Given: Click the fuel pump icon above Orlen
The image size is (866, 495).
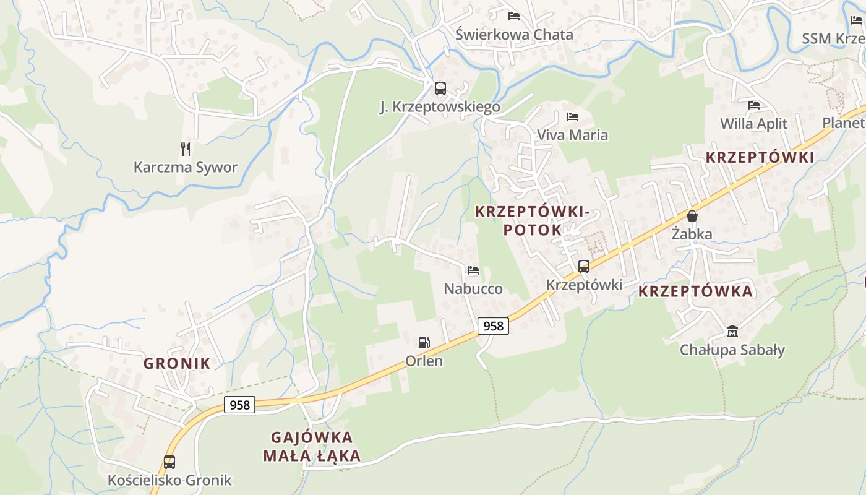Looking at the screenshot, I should [x=424, y=342].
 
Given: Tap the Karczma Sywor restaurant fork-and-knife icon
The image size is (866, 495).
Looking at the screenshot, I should [x=185, y=148].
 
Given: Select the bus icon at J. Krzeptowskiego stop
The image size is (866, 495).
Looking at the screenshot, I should [x=440, y=88].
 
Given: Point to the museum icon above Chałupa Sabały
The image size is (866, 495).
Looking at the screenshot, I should [x=732, y=332].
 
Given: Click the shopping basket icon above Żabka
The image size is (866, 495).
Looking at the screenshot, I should [x=692, y=216].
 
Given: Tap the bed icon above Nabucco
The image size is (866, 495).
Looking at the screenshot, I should [x=473, y=270].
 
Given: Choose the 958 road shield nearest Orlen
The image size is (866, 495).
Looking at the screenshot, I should [x=493, y=325].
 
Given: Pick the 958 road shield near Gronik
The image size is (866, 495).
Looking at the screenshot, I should [x=239, y=405].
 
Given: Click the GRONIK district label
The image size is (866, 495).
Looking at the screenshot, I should [x=177, y=363].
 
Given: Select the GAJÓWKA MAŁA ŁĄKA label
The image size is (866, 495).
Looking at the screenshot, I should [x=312, y=447].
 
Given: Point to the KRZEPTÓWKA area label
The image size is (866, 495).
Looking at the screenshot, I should [x=695, y=291].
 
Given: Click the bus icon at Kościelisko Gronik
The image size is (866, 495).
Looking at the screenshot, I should [x=169, y=462].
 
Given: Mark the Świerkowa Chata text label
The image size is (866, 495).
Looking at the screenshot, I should [x=514, y=35].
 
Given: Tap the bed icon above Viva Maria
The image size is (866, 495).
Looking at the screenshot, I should [x=573, y=116].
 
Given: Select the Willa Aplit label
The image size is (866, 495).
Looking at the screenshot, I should [x=753, y=124].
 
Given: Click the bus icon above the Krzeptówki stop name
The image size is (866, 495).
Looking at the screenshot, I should [x=583, y=267].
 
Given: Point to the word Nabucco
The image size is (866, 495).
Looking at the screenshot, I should [x=473, y=289].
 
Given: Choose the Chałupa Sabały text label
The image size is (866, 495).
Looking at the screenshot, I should [x=732, y=350].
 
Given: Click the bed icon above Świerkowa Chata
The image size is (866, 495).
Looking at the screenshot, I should [x=514, y=16].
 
